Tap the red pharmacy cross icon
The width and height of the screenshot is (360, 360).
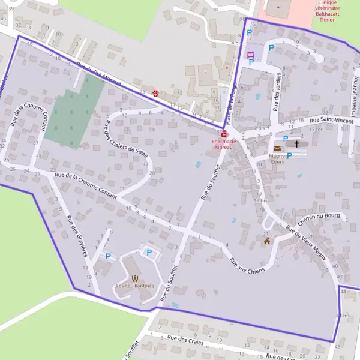(224, 134)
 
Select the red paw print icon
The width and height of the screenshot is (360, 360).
(155, 93)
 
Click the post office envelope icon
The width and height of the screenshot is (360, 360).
(277, 148)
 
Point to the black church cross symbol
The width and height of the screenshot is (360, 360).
(296, 144)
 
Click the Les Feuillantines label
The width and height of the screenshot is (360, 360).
(135, 286)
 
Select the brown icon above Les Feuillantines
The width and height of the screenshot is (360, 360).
(135, 278)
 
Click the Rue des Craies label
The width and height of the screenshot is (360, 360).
(185, 341)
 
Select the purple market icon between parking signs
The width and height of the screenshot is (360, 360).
(250, 55)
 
